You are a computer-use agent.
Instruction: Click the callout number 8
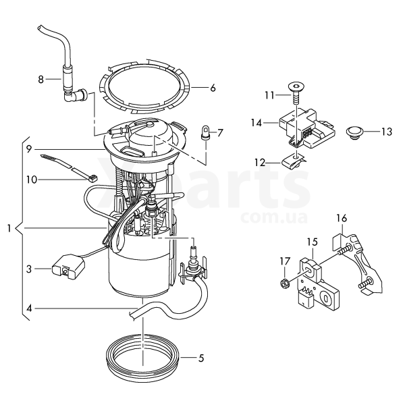(x=40, y=79)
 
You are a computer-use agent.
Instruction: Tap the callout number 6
(x=213, y=88)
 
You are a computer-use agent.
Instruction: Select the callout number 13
(x=387, y=132)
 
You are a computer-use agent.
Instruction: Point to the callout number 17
(x=285, y=261)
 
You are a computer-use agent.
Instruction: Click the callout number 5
(x=201, y=358)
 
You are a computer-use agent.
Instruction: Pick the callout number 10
(x=32, y=180)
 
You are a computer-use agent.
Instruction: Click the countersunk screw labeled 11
(x=296, y=93)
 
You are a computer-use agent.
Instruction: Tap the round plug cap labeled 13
(x=354, y=132)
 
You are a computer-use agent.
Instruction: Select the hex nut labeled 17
(x=285, y=284)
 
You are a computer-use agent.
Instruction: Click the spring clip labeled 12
(x=293, y=163)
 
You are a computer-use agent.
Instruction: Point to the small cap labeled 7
(x=206, y=133)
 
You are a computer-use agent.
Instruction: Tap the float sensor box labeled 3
(x=68, y=267)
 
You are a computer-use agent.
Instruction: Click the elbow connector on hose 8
(x=77, y=95)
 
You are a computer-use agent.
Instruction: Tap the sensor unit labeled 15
(x=318, y=283)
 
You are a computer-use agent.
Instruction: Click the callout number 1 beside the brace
(x=9, y=228)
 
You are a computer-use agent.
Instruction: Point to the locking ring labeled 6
(x=145, y=87)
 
